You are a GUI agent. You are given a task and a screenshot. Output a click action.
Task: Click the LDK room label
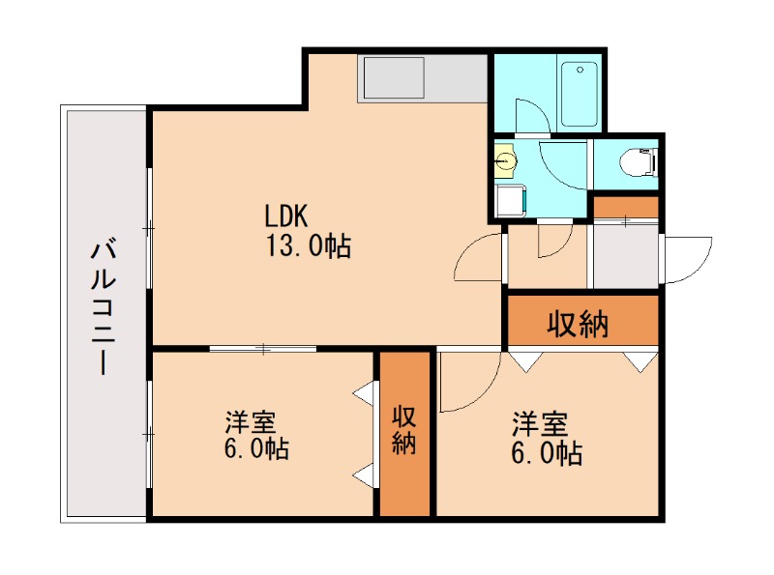click(x=286, y=216)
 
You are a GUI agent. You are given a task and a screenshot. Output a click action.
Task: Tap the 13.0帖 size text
click(x=309, y=245)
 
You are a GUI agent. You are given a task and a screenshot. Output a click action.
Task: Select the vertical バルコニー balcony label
click(x=104, y=306)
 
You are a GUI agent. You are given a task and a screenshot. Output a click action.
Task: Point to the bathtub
click(x=580, y=94)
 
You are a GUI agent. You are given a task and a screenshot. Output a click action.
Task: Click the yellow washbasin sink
click(x=505, y=160)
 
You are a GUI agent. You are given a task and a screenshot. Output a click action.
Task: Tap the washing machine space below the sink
click(x=512, y=201)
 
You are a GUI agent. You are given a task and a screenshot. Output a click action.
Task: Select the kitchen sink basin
click(x=394, y=77)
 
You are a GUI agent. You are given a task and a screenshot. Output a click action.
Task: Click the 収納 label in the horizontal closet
click(x=578, y=324)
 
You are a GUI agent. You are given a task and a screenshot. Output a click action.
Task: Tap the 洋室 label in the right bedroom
click(x=540, y=424)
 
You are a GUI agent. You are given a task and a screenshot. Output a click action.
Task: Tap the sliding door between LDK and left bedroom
click(x=263, y=349)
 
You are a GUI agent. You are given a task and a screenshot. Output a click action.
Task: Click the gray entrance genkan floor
click(x=625, y=256)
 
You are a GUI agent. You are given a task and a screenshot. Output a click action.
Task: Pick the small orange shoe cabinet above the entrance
click(x=625, y=207)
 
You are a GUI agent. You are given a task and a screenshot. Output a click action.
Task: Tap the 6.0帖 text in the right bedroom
click(x=547, y=453)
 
